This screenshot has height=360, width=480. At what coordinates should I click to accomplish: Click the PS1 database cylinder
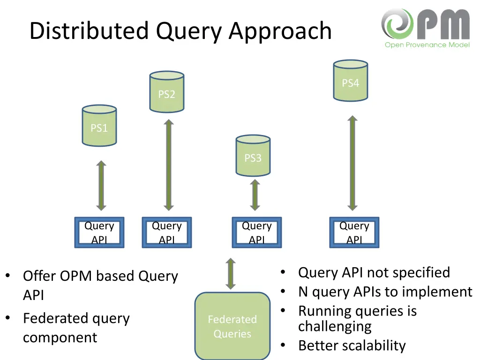tap(99, 126)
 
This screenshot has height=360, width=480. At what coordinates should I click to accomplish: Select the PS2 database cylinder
tap(166, 92)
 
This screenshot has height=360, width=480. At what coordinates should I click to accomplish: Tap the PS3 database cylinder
tap(253, 156)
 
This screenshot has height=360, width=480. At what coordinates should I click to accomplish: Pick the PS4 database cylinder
tap(350, 81)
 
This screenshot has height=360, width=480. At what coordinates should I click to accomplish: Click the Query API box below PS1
tap(99, 232)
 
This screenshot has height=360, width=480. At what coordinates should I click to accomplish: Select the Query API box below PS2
tap(166, 232)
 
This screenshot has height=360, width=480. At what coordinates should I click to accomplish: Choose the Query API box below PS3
tap(257, 232)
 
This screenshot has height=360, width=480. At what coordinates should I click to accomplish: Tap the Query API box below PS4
tap(354, 232)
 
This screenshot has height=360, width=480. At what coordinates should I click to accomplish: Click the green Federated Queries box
tap(232, 326)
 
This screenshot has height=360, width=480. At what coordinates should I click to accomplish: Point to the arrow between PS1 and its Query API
tap(101, 186)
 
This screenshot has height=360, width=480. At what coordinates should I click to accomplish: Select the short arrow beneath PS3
tap(255, 195)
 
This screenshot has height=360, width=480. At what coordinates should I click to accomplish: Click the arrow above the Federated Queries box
tap(230, 274)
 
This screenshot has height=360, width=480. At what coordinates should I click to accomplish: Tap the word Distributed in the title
tap(89, 31)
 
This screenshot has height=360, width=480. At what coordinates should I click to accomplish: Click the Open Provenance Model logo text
tap(427, 45)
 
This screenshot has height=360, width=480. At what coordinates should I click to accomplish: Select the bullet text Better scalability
tap(352, 345)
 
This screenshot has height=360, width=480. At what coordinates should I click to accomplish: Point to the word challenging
tap(335, 326)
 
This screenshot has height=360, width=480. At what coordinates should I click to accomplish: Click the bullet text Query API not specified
tap(374, 272)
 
